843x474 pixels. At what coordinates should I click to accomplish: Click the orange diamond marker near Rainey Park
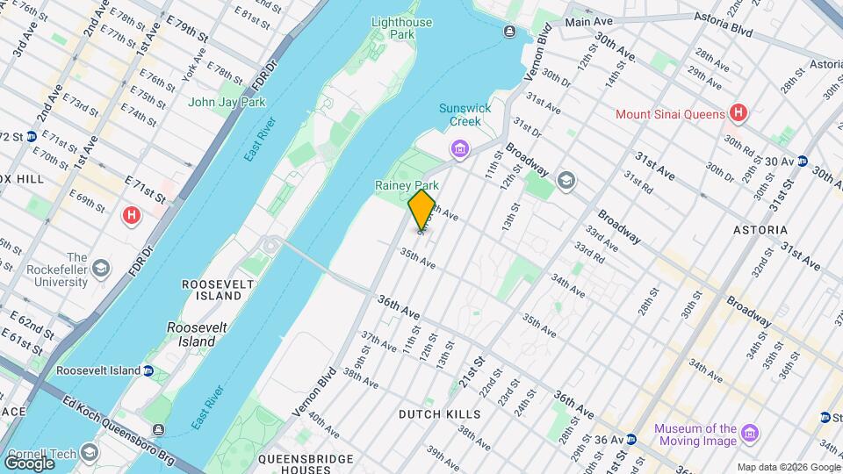click(421, 210)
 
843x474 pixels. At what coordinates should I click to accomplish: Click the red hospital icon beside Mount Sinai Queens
click(739, 113)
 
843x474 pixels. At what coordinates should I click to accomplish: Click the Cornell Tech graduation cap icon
click(88, 453)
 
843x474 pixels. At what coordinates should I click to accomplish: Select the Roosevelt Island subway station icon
click(148, 370)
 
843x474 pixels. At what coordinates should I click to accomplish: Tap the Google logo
click(29, 462)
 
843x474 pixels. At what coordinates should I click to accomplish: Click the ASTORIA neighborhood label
click(760, 230)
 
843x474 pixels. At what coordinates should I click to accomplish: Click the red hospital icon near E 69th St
click(133, 214)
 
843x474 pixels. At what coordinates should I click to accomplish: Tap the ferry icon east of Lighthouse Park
click(510, 32)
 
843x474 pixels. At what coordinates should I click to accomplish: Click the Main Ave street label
click(588, 21)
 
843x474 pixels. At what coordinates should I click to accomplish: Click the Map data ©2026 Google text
click(788, 467)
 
